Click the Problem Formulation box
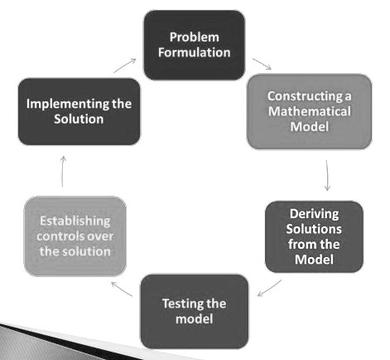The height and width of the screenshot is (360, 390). (x=195, y=45)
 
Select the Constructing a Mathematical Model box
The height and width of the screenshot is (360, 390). (x=309, y=111)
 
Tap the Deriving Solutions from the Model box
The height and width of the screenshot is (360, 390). (x=314, y=236)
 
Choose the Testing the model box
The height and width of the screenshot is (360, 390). (x=195, y=311)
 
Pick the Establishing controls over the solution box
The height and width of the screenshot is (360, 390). (x=75, y=236)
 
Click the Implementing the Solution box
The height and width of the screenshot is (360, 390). (x=79, y=111)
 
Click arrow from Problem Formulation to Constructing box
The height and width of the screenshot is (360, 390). (x=262, y=64)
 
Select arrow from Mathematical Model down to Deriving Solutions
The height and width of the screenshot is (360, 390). (x=327, y=175)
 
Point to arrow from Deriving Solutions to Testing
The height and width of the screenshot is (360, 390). (x=269, y=288)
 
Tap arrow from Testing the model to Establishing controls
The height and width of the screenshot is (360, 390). (x=122, y=289)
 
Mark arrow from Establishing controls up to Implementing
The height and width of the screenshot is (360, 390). (x=63, y=172)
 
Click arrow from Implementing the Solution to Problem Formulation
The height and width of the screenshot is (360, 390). (x=125, y=66)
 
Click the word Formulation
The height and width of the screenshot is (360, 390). (x=195, y=52)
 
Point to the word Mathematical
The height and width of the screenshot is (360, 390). (x=310, y=111)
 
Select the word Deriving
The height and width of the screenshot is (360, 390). (x=314, y=214)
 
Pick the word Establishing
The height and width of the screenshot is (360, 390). (x=75, y=221)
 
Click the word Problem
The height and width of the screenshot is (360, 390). (x=195, y=37)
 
